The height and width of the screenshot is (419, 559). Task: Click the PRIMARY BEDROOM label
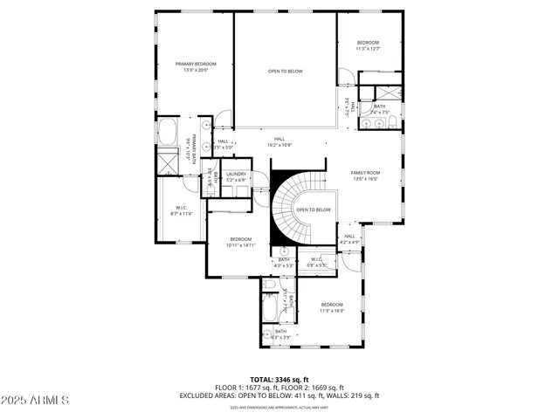(196, 66)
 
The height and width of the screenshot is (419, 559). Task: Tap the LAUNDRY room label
(237, 177)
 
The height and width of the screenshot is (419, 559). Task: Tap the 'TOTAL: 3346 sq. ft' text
(279, 379)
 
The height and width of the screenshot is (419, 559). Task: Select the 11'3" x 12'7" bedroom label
(368, 45)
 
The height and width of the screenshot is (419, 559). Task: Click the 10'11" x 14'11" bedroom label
(241, 242)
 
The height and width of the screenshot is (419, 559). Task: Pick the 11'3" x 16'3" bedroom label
(331, 306)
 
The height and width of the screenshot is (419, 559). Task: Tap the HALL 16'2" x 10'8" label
(279, 141)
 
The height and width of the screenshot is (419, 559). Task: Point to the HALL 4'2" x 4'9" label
(349, 238)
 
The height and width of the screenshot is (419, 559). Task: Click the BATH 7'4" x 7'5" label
(379, 109)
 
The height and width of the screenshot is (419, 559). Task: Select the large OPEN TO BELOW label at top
(286, 71)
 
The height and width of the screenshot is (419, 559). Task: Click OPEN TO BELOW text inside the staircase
(314, 209)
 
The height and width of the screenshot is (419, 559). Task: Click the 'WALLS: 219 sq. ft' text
(354, 395)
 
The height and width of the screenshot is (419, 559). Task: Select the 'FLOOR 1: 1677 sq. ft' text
(246, 388)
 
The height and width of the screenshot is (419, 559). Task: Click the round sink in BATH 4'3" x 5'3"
(283, 251)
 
